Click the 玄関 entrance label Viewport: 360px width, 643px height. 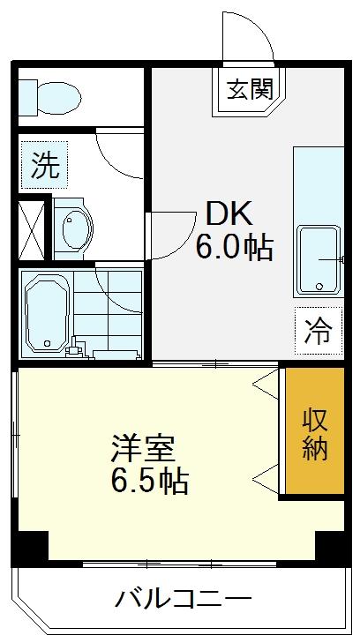coord(250,88)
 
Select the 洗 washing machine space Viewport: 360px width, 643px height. coord(44,165)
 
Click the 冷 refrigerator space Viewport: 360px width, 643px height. coord(319,331)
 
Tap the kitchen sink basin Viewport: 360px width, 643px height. coord(319,260)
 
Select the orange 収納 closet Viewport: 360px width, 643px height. coord(314,430)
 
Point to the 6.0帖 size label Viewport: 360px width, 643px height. coord(234,248)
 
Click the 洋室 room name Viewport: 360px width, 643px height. coord(144,449)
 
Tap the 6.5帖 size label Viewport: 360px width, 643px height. coord(149,481)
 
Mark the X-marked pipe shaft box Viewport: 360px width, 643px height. coord(31,230)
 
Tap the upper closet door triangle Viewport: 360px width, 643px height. coord(266,384)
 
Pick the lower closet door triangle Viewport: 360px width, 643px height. coord(266,478)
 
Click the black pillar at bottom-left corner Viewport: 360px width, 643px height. coord(29,547)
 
